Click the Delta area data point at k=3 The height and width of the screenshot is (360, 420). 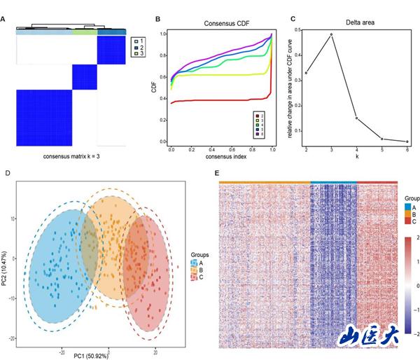[331, 34]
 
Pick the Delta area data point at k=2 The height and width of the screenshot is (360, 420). [306, 73]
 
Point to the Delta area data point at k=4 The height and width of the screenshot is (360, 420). [356, 118]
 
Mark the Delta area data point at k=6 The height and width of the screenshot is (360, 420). [407, 141]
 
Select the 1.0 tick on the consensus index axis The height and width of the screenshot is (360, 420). [272, 151]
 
